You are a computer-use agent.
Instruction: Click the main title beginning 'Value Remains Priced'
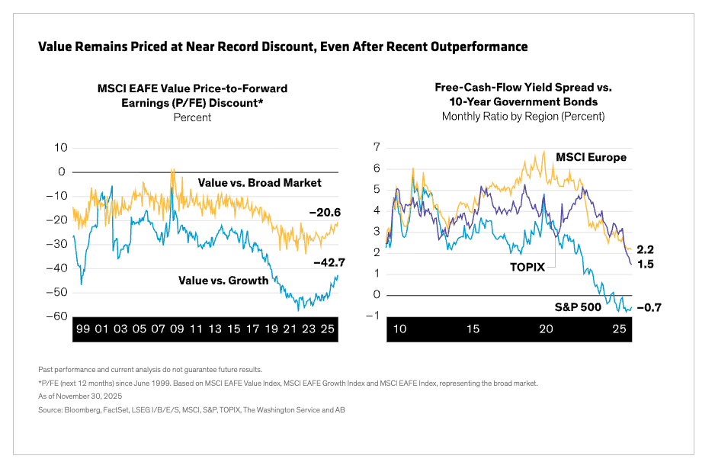(282, 47)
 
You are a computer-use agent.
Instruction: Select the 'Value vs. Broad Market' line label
(259, 183)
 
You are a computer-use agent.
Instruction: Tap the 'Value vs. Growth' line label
(223, 281)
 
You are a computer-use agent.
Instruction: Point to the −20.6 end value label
(324, 213)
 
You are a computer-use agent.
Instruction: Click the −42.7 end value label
(329, 262)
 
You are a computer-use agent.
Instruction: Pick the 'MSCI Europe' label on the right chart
(591, 158)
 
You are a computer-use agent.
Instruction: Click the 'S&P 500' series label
(578, 307)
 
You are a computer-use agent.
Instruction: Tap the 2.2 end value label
(646, 250)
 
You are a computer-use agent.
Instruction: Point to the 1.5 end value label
(646, 265)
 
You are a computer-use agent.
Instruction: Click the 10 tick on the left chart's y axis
(60, 147)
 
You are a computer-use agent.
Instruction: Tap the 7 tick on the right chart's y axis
(377, 146)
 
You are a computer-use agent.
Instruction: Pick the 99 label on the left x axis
(83, 329)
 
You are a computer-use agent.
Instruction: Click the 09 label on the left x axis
(177, 329)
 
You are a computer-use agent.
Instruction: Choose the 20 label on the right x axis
(546, 329)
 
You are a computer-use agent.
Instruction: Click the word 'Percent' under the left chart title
(192, 117)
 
